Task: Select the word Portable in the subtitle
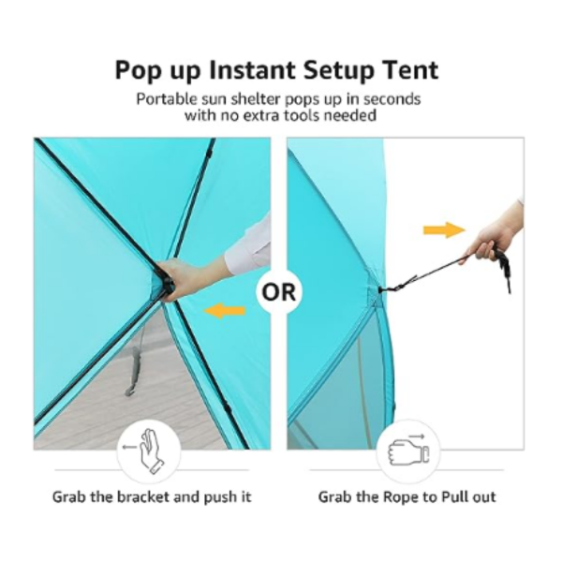pyautogui.click(x=167, y=99)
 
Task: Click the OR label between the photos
pyautogui.click(x=279, y=292)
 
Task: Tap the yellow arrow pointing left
pyautogui.click(x=225, y=310)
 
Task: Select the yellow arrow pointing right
pyautogui.click(x=444, y=229)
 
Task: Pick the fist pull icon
pyautogui.click(x=408, y=451)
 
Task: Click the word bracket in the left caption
pyautogui.click(x=143, y=497)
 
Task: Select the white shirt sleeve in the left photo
pyautogui.click(x=249, y=244)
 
